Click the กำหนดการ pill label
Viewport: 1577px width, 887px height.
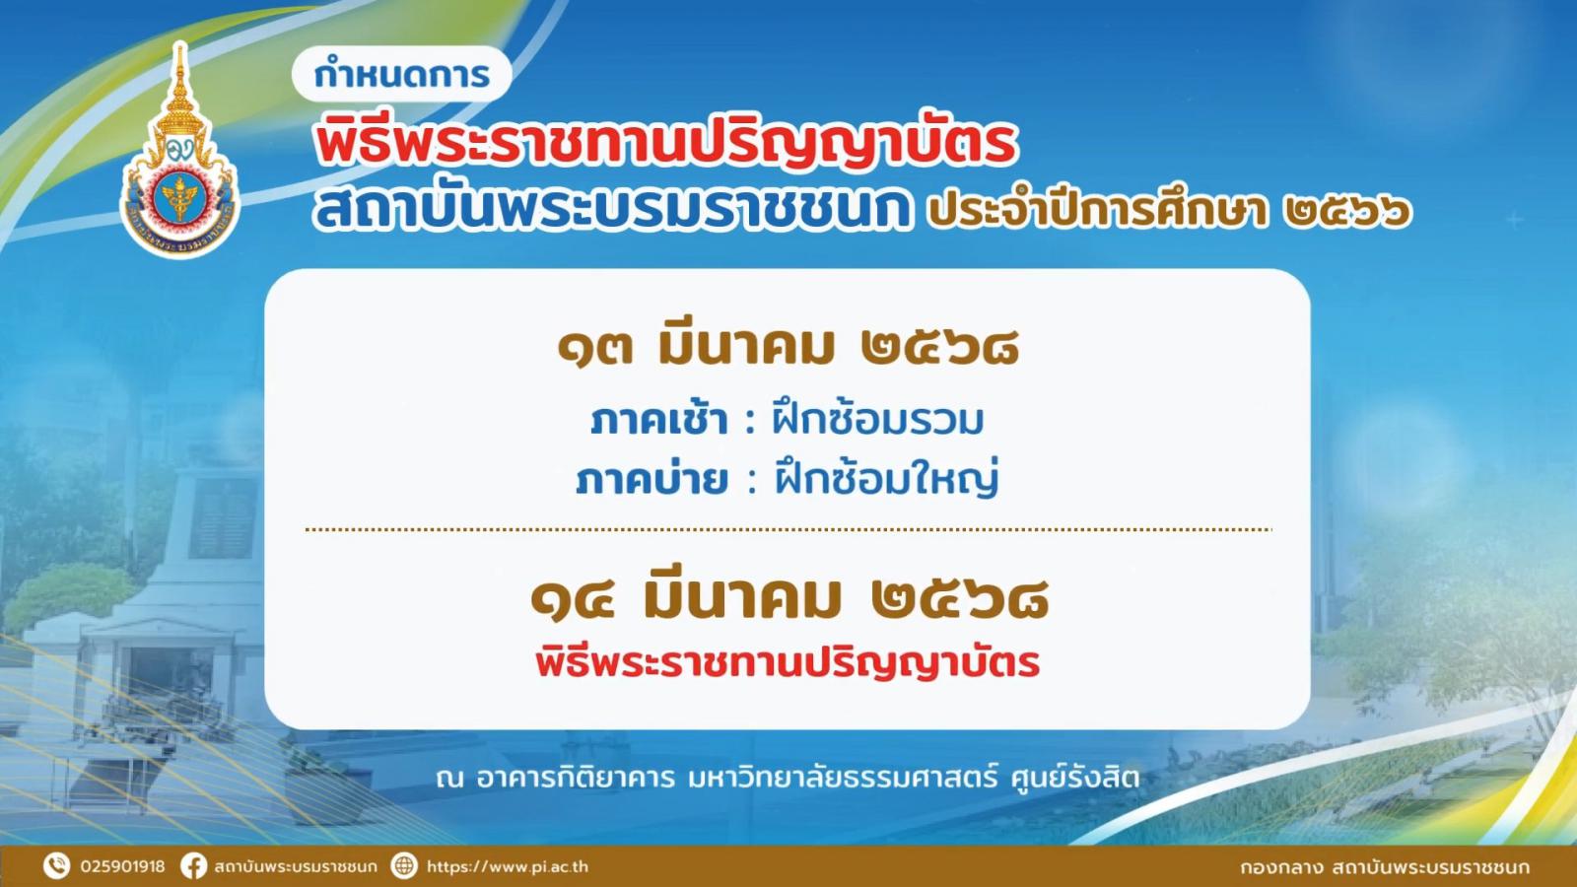click(401, 75)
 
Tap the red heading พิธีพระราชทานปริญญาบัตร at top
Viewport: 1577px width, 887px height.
click(666, 141)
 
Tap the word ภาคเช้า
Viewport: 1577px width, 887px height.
click(658, 420)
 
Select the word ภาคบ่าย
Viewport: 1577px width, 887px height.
click(651, 480)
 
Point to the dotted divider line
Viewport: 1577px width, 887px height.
click(788, 529)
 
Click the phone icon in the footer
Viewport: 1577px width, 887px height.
click(56, 866)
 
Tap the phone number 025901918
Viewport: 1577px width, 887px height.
click(122, 866)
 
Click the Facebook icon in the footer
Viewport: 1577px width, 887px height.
click(193, 866)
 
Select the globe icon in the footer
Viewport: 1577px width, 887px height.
click(404, 866)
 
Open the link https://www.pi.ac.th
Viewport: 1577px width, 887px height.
click(508, 866)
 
